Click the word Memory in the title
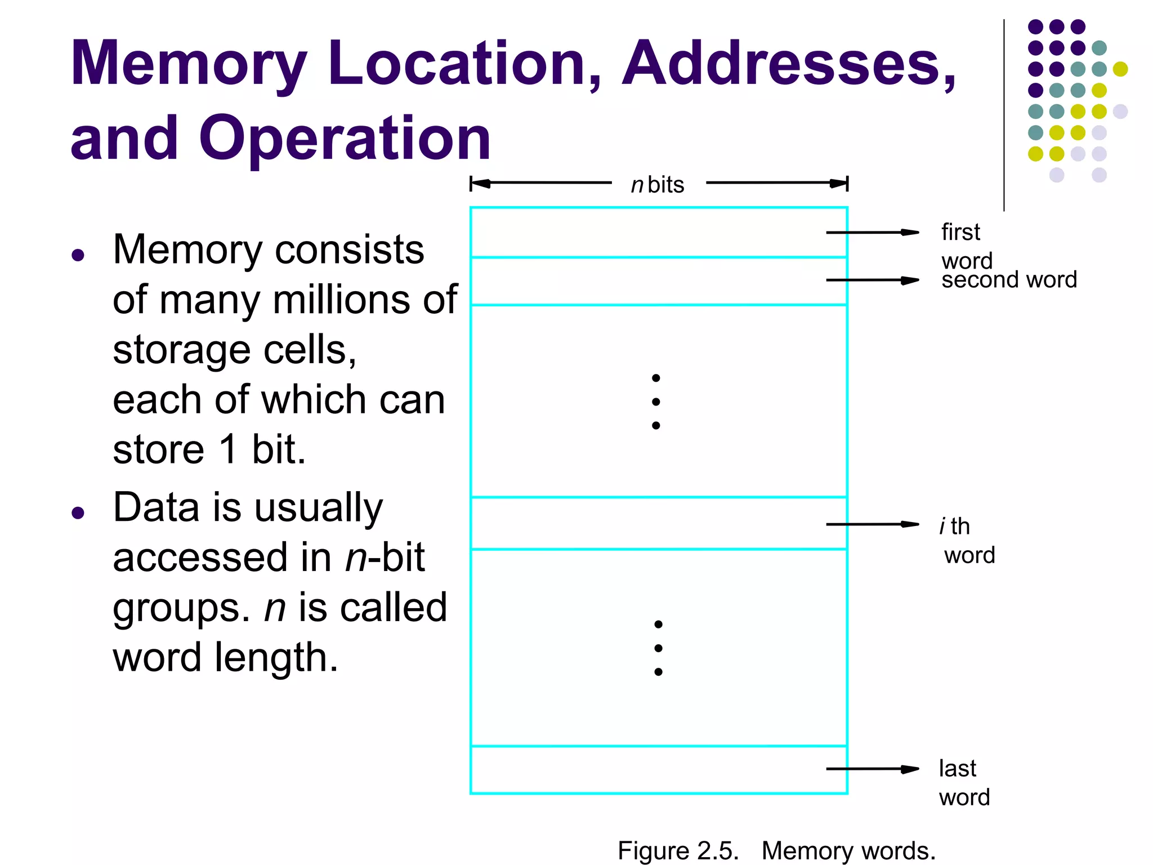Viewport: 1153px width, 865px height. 189,63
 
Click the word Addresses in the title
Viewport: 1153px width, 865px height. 788,63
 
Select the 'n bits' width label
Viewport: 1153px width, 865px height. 658,185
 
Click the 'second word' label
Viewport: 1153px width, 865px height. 1009,280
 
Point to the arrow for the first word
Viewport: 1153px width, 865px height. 872,232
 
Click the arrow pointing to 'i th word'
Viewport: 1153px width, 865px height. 872,524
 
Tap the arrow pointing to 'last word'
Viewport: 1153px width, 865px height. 872,769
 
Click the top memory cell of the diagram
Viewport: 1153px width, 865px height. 647,233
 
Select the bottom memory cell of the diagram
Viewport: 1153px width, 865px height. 647,770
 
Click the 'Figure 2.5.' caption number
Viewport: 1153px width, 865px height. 678,850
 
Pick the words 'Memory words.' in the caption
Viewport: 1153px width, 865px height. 848,850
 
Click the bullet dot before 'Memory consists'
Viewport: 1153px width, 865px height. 78,256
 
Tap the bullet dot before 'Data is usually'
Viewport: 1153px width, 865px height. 78,513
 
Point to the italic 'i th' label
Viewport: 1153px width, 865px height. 955,527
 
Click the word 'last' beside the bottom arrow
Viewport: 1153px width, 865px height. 957,768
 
